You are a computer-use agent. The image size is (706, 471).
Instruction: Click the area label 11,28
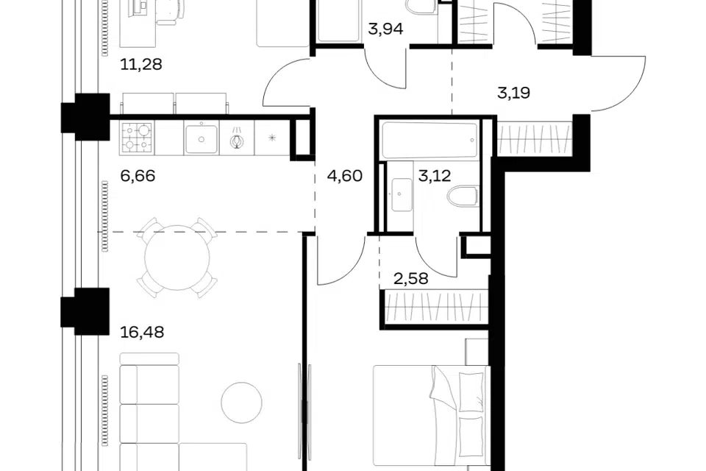click(x=141, y=65)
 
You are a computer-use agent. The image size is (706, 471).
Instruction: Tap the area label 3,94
click(x=385, y=29)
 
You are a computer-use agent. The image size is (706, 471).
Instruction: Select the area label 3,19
click(x=513, y=93)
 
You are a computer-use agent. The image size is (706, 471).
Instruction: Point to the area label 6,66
click(x=138, y=175)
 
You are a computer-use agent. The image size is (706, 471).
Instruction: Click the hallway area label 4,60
click(x=345, y=175)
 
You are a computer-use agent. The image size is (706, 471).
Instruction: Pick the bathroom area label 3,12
click(x=435, y=175)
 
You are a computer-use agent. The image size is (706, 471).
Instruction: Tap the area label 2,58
click(x=411, y=278)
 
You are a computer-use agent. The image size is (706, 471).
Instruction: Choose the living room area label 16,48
click(x=142, y=332)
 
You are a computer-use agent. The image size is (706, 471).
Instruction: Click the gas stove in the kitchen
click(x=137, y=138)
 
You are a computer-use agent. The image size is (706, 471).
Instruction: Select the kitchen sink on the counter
click(x=201, y=138)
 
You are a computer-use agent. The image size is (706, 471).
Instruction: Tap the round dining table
click(x=177, y=258)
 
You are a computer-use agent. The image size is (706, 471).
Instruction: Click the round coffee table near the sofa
click(x=242, y=403)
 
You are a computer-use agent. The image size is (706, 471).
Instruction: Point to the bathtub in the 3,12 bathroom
click(x=428, y=140)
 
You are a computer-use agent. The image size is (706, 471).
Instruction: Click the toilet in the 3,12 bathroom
click(x=463, y=196)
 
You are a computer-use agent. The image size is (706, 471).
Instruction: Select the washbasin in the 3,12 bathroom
click(x=402, y=195)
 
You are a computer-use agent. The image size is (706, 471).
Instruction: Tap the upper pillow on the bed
click(x=471, y=391)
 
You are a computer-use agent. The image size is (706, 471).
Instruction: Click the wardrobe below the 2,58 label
click(x=436, y=306)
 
